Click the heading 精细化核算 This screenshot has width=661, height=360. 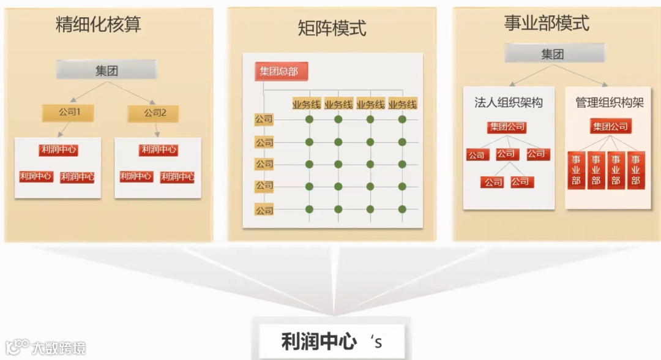click(x=99, y=24)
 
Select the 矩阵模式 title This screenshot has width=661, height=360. click(x=332, y=28)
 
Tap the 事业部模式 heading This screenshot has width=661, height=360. click(x=547, y=23)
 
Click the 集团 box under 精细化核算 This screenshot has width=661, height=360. click(x=106, y=70)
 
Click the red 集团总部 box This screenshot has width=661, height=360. click(x=280, y=72)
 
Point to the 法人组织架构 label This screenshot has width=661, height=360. click(x=509, y=103)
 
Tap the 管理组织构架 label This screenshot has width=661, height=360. click(x=609, y=103)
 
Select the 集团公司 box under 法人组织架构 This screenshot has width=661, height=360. click(x=507, y=127)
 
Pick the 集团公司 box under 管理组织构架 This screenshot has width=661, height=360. click(x=610, y=127)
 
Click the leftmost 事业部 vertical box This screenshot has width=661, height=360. click(x=576, y=170)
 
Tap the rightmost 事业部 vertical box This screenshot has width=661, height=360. click(x=635, y=170)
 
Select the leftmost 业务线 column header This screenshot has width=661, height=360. click(x=307, y=105)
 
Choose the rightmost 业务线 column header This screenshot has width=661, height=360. click(x=402, y=105)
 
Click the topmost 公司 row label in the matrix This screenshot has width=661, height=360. click(x=264, y=119)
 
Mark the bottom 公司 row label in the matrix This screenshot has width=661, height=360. click(x=264, y=210)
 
